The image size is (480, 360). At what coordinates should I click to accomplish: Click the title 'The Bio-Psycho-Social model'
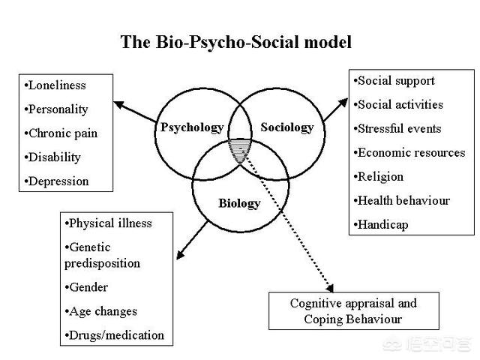[235, 42]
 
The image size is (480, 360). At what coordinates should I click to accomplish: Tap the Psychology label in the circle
[192, 127]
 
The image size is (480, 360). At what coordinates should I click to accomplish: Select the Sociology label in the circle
[287, 127]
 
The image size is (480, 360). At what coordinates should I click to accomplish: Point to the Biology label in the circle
[239, 203]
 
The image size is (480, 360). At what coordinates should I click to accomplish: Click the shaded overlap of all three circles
[239, 148]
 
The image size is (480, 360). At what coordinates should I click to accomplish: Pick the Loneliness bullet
[55, 85]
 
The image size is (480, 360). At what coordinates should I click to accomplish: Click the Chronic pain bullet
[61, 133]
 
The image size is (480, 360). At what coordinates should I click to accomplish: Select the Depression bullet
[57, 181]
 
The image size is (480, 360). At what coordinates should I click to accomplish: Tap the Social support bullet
[394, 80]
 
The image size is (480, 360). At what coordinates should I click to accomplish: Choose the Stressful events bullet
[397, 128]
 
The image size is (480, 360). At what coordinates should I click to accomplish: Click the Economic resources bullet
[409, 152]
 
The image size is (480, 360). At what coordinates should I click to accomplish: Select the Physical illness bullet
[109, 223]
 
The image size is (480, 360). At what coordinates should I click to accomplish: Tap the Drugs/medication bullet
[115, 334]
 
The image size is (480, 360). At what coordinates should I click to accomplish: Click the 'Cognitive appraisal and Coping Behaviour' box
[353, 311]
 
